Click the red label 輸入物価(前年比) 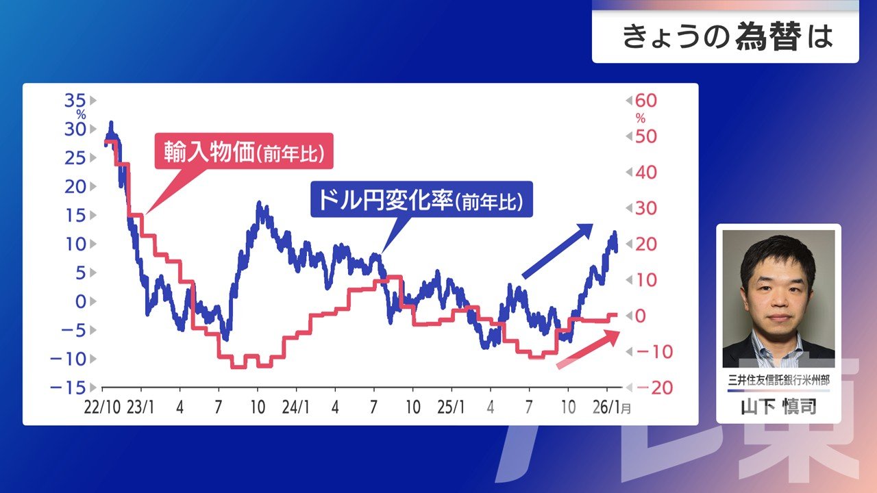(x=244, y=151)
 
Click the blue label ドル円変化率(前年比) (x=421, y=199)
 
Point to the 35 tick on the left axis (x=75, y=101)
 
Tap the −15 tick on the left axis (x=68, y=388)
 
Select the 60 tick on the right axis (x=646, y=101)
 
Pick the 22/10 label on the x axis (x=102, y=407)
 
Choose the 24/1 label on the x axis (x=295, y=407)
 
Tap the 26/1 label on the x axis (x=607, y=407)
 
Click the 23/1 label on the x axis (x=140, y=407)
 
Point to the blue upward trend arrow (x=558, y=251)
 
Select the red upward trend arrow (x=588, y=349)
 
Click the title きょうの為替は (x=728, y=37)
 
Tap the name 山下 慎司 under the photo (x=778, y=407)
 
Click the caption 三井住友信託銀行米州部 (x=778, y=380)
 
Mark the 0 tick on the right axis (x=640, y=316)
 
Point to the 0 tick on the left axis (x=81, y=302)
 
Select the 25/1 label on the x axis (x=451, y=407)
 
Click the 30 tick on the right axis (x=646, y=208)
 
